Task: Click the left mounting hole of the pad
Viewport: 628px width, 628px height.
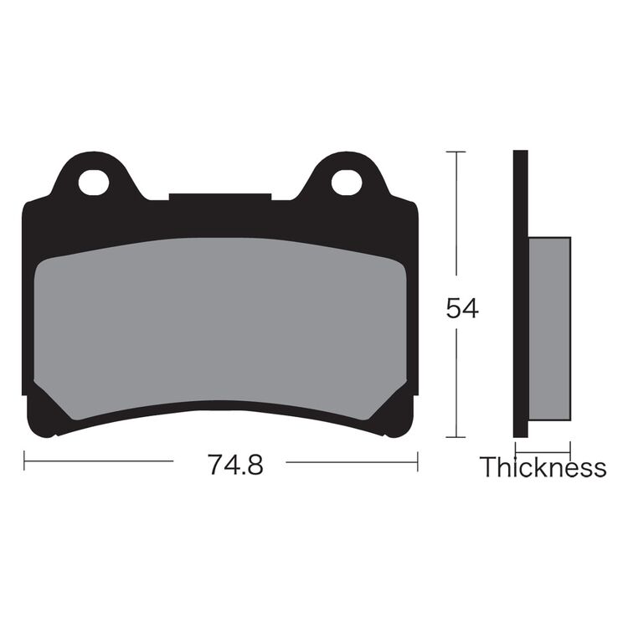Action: pyautogui.click(x=94, y=182)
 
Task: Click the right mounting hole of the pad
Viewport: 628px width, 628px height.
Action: pyautogui.click(x=346, y=182)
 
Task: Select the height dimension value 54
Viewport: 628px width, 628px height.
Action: pyautogui.click(x=461, y=308)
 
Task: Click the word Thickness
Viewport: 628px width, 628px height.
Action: pyautogui.click(x=543, y=467)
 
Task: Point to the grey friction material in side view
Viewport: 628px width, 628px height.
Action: pyautogui.click(x=549, y=329)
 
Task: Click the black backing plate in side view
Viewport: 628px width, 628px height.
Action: pyautogui.click(x=520, y=293)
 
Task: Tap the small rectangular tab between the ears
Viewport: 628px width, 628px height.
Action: pyautogui.click(x=219, y=198)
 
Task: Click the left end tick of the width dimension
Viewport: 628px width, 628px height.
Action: pyautogui.click(x=24, y=461)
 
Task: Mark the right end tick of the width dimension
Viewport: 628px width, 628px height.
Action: pyautogui.click(x=417, y=461)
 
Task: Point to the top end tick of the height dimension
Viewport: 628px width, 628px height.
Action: pyautogui.click(x=456, y=152)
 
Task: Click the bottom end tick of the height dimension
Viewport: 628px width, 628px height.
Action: pyautogui.click(x=456, y=437)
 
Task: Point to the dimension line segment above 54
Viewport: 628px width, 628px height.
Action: pyautogui.click(x=456, y=214)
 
